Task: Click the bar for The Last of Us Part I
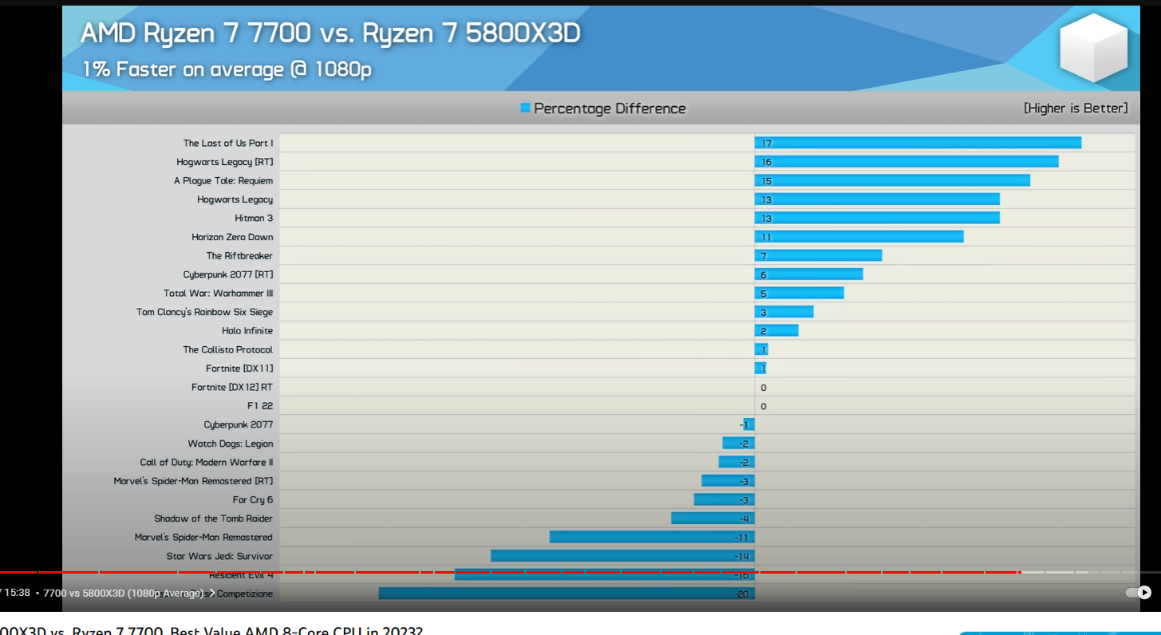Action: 918,143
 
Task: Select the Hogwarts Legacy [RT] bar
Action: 906,162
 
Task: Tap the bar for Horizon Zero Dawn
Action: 859,237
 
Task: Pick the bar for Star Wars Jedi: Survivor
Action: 622,556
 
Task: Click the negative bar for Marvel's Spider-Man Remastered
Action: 652,537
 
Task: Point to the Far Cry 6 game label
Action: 252,499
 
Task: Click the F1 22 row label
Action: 259,405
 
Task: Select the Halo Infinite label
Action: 247,330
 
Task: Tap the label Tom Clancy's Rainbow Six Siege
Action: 204,312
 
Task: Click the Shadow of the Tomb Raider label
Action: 213,519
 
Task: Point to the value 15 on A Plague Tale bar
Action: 766,181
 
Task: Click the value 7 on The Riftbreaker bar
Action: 764,256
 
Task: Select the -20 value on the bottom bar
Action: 741,594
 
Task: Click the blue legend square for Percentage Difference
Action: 525,108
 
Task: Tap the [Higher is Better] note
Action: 1076,108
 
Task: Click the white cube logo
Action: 1092,47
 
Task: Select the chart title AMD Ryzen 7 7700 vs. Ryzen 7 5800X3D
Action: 330,34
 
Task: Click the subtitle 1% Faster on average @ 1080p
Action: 227,69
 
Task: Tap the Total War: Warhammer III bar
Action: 799,293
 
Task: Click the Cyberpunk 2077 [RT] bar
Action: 808,274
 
